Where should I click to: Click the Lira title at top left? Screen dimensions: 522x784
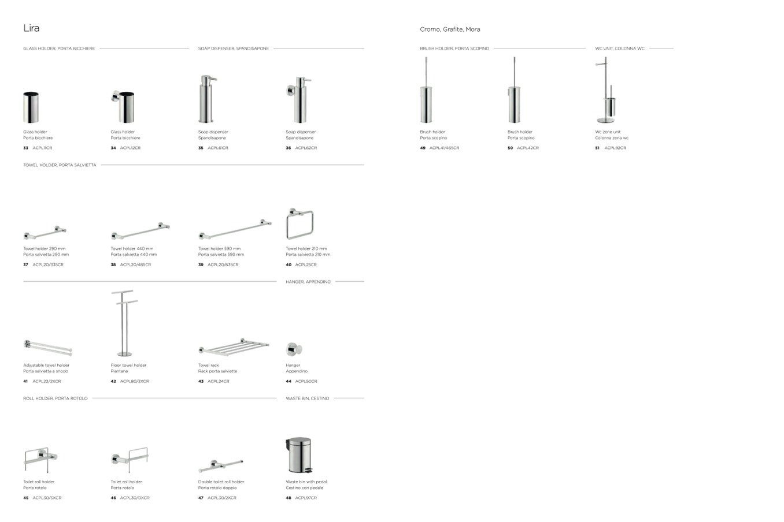point(31,28)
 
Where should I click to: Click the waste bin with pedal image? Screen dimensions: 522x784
point(300,456)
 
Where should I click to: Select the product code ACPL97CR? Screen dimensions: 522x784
point(306,498)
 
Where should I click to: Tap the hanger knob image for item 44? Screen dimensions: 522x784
point(294,349)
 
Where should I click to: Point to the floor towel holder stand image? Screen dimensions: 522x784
point(124,323)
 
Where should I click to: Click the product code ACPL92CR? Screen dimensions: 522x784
point(615,148)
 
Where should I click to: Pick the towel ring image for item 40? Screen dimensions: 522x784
point(299,224)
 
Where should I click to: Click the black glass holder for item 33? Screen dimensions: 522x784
point(31,107)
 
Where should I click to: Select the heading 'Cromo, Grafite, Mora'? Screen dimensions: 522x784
point(450,29)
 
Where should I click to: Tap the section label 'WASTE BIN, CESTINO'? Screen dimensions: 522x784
point(307,398)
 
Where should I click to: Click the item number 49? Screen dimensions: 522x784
point(423,148)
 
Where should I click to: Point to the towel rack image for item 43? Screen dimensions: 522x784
point(234,348)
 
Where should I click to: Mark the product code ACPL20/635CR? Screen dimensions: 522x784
point(223,264)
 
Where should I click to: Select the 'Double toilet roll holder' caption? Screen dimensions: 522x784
point(221,482)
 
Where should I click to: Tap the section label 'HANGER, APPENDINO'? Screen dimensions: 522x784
point(308,282)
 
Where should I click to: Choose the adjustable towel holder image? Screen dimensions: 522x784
point(47,348)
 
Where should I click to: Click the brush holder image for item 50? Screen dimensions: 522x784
point(513,92)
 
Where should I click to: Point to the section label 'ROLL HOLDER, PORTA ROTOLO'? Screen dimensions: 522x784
point(56,398)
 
